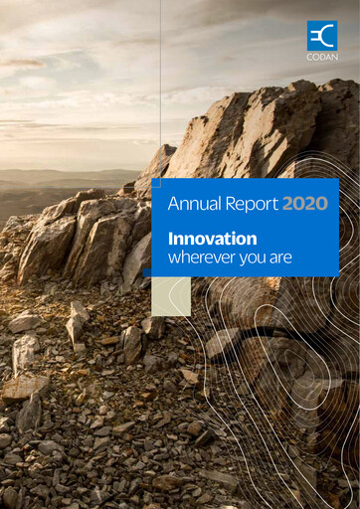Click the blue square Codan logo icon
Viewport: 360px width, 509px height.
click(321, 35)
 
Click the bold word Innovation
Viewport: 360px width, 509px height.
click(212, 239)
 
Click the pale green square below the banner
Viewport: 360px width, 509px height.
click(171, 296)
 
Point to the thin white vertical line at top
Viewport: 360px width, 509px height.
click(160, 80)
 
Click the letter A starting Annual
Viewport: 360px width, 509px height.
click(173, 205)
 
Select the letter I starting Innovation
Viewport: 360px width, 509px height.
click(170, 239)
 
